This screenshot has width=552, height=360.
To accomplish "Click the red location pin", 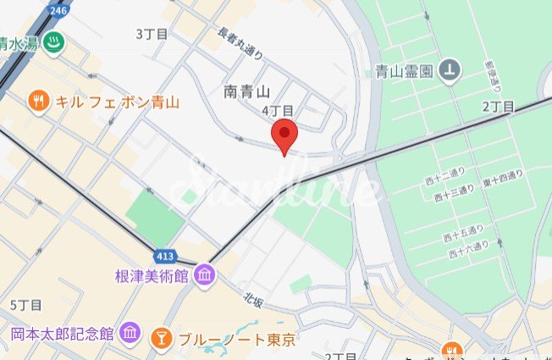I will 284,136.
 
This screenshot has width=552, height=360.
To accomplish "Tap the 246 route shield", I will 58,10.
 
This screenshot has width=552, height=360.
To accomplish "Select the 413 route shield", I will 166,255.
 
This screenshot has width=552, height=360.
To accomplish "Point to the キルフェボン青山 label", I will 118,102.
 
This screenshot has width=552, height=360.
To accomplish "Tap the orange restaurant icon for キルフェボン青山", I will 36,102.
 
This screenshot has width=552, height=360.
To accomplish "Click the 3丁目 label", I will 152,34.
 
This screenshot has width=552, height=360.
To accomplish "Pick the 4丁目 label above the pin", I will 278,111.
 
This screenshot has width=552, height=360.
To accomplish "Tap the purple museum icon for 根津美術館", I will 205,276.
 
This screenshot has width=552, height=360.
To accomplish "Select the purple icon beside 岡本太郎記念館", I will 130,332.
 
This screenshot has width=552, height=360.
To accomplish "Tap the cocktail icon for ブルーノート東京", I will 158,340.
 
